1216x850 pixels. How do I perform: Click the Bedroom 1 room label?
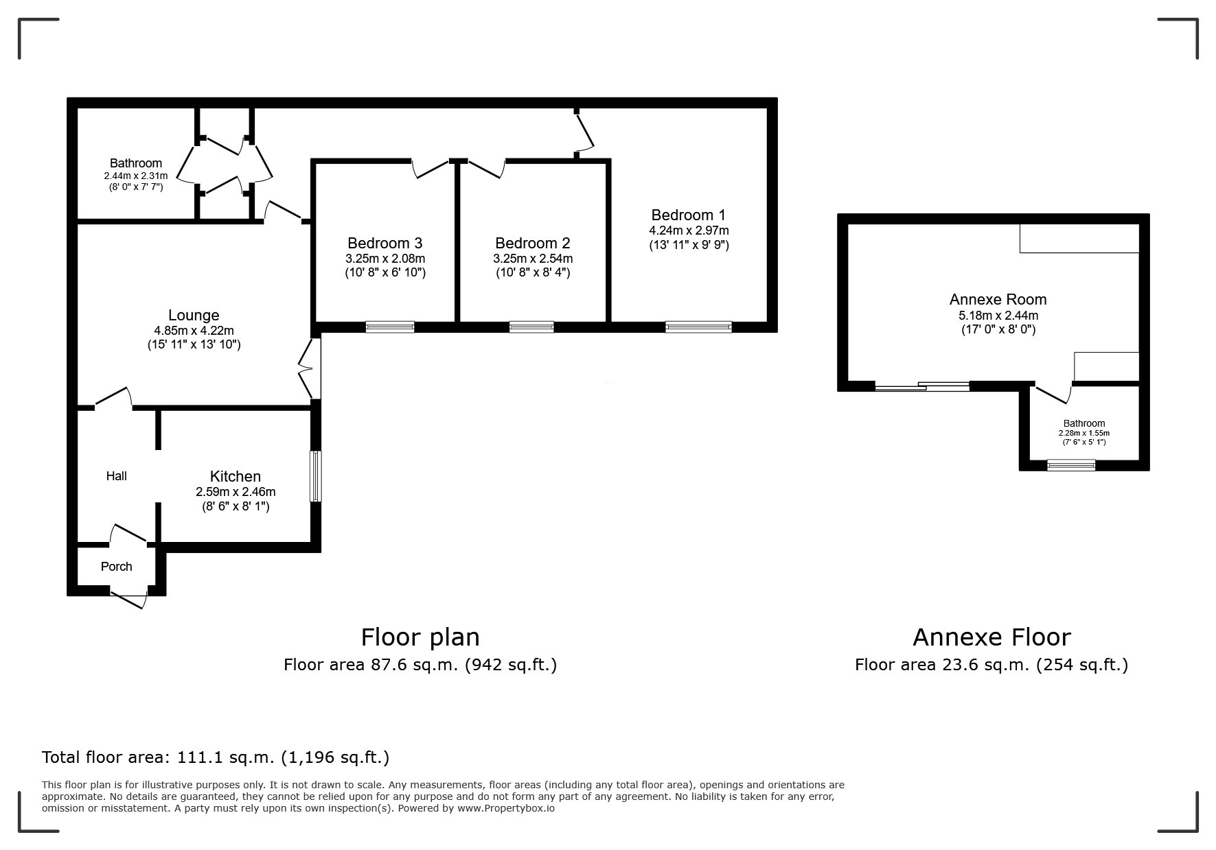click(689, 215)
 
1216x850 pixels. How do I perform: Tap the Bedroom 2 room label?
click(533, 243)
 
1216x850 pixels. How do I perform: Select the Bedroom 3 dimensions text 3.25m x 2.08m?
click(385, 259)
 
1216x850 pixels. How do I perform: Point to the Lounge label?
click(194, 316)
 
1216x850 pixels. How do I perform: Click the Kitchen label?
click(236, 476)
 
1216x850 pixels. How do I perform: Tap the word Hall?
click(117, 476)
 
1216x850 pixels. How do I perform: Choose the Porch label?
click(117, 567)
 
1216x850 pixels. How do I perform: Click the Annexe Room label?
click(998, 299)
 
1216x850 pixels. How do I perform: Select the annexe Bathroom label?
click(1084, 423)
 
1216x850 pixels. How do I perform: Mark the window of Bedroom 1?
click(699, 327)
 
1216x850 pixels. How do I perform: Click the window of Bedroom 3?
click(390, 327)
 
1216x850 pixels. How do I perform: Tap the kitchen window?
click(315, 476)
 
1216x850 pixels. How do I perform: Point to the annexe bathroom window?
click(1071, 465)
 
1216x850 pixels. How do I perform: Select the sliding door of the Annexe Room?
click(922, 386)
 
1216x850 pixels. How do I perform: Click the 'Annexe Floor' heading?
click(991, 637)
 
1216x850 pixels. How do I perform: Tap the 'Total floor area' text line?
click(216, 757)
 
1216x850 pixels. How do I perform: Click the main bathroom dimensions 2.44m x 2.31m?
click(131, 176)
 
